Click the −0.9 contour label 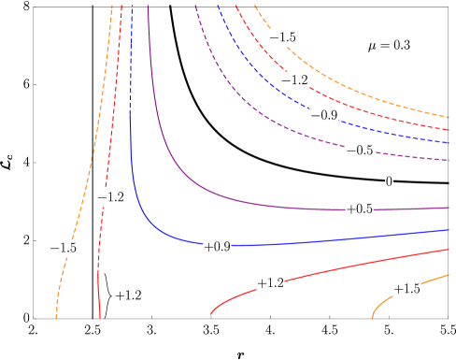(x=324, y=115)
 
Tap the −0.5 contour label (x=360, y=150)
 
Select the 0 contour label (x=389, y=181)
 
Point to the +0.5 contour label (x=359, y=209)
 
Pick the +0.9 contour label (x=217, y=247)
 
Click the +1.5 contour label (x=406, y=289)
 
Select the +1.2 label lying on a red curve (x=270, y=282)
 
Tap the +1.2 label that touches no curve (x=128, y=295)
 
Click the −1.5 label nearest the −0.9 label (x=282, y=37)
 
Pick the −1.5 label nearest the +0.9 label (x=63, y=248)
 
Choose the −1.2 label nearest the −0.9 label (x=294, y=80)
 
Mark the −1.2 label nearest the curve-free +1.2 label (x=110, y=197)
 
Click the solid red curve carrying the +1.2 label (x=355, y=262)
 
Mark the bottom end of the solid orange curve (x=373, y=318)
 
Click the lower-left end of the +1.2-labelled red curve (x=211, y=314)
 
